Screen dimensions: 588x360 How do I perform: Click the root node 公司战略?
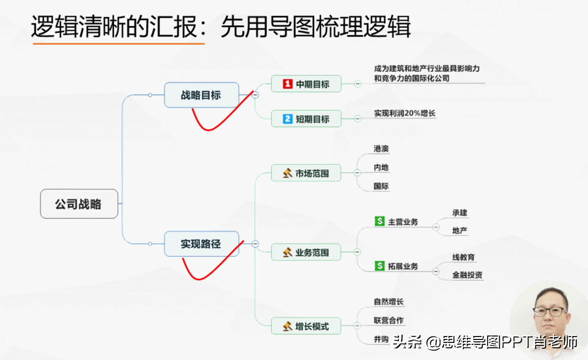click(79, 204)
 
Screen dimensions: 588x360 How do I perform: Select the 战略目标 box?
click(201, 95)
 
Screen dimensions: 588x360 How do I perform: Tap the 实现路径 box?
click(201, 244)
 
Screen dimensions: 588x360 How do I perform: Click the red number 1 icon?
click(288, 84)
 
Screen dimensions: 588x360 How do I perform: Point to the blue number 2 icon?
click(288, 119)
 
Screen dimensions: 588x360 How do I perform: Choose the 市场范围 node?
click(306, 173)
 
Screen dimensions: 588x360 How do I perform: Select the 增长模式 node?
click(306, 326)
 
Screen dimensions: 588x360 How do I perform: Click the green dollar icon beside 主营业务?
click(380, 221)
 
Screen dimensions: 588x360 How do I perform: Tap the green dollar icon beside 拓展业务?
click(380, 266)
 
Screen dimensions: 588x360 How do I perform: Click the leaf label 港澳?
click(381, 149)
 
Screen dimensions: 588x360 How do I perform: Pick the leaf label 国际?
click(381, 186)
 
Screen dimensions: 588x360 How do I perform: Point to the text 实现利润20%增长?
click(405, 113)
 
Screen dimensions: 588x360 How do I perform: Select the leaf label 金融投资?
click(467, 275)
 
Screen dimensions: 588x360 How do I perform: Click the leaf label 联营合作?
click(389, 320)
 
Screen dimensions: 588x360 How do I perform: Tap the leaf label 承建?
click(460, 213)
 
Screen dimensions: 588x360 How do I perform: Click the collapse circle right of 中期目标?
click(358, 84)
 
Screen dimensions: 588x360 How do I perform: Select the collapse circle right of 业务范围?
click(357, 252)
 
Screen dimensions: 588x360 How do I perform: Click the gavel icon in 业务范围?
click(288, 252)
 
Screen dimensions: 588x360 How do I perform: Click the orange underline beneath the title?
click(119, 44)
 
